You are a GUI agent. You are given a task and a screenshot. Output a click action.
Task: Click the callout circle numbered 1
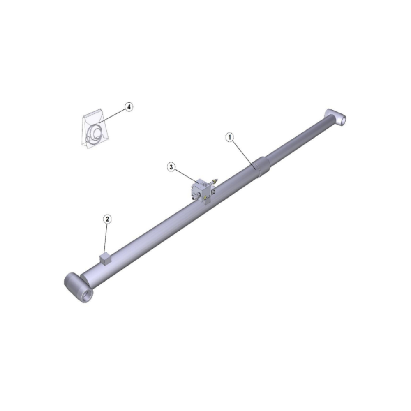click(230, 137)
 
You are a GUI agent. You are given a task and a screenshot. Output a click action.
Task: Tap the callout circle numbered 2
click(107, 219)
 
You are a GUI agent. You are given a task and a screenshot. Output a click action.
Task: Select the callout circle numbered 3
click(171, 167)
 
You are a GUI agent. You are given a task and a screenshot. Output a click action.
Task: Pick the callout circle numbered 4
click(129, 107)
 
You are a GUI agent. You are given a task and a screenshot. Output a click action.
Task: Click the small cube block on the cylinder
click(105, 259)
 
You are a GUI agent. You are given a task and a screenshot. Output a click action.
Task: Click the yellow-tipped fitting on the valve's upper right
click(215, 181)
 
